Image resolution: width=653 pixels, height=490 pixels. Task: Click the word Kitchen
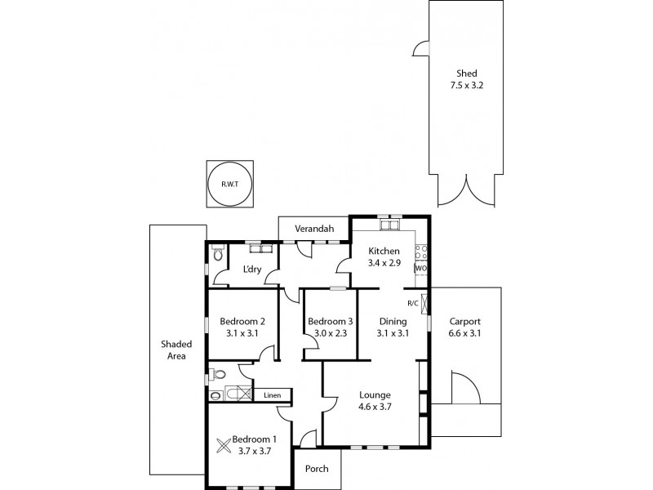(x=384, y=251)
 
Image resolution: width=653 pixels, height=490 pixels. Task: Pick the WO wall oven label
(x=421, y=268)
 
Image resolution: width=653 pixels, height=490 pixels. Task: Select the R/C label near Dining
(x=413, y=303)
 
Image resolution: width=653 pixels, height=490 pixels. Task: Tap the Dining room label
(x=392, y=321)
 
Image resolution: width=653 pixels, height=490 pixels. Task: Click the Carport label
(x=464, y=321)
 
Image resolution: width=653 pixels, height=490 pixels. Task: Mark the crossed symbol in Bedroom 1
(x=224, y=445)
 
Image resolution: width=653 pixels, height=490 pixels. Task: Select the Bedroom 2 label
(x=242, y=321)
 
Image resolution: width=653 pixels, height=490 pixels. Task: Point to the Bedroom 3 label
(x=330, y=321)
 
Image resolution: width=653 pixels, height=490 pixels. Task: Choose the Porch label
(x=316, y=470)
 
